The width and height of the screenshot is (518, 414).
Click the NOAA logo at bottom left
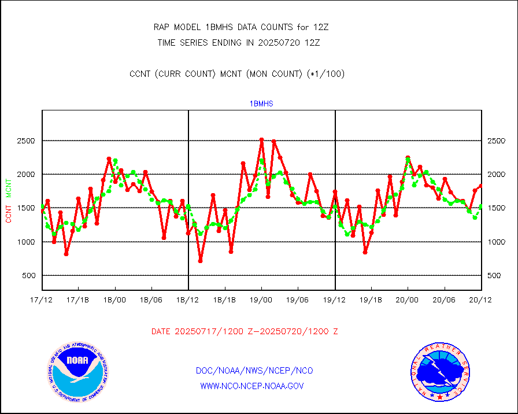77,372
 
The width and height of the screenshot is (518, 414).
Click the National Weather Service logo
439,372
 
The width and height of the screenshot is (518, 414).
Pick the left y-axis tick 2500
25,141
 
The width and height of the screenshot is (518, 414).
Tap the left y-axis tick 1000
25,242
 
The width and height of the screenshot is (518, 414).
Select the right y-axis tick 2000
498,175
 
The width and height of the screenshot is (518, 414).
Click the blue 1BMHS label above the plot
261,103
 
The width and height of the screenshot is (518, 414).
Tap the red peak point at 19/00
261,139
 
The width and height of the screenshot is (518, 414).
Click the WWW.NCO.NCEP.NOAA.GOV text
251,386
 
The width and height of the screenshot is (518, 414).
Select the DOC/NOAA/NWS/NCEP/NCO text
255,371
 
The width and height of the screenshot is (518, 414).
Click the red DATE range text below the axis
245,332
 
